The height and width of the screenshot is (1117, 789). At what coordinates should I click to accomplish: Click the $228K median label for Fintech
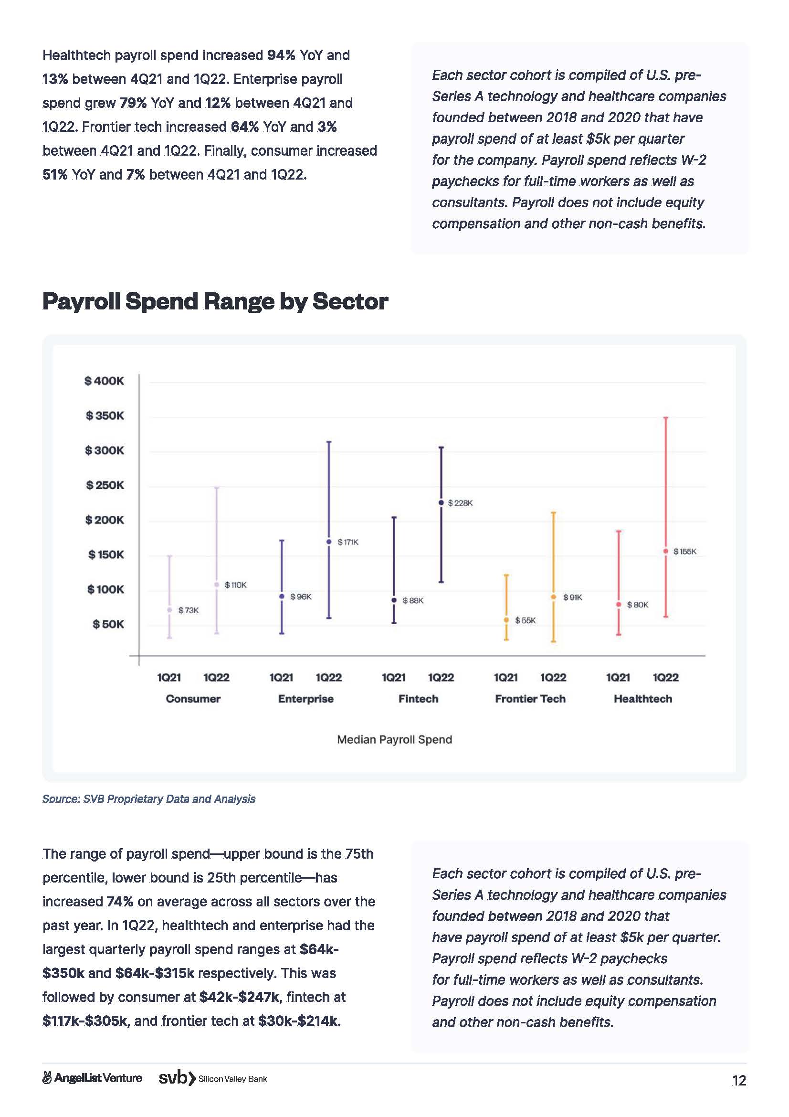point(459,503)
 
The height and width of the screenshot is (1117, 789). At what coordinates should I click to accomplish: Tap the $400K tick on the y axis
point(104,381)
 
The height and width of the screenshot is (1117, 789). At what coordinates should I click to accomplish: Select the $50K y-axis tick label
point(108,624)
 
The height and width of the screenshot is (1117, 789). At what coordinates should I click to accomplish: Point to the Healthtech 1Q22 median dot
point(665,551)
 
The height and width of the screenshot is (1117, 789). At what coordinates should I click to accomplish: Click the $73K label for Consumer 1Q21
point(188,611)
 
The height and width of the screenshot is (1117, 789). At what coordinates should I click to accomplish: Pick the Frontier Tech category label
point(530,699)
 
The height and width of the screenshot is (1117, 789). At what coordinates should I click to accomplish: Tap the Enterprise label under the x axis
point(306,699)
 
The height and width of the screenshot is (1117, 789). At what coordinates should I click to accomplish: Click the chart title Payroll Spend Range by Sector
point(215,301)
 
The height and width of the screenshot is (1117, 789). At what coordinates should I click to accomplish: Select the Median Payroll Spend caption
point(394,739)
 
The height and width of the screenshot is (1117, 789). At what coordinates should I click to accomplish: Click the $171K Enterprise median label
point(347,542)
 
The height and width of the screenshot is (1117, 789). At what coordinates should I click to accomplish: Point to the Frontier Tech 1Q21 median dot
point(506,620)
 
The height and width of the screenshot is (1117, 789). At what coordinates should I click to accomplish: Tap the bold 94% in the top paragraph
point(281,55)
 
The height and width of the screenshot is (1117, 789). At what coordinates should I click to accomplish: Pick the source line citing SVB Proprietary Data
point(149,799)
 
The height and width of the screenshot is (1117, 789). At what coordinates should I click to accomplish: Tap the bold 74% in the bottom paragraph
point(120,902)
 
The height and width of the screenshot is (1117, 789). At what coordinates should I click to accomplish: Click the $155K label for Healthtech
point(684,552)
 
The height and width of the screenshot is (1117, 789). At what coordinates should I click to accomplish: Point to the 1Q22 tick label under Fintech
point(441,677)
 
